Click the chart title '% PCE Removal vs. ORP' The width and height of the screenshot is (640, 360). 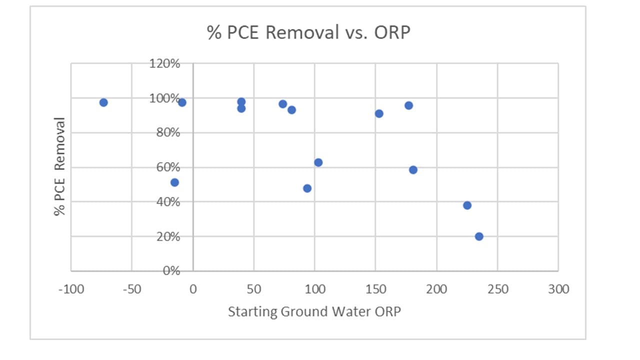(308, 33)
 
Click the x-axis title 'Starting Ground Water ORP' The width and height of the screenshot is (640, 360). (314, 311)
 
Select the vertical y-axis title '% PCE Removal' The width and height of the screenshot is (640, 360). (60, 166)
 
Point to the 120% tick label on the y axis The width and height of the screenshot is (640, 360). (164, 64)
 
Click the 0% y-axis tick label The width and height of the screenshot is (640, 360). (169, 271)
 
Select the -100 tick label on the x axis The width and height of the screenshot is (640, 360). (70, 289)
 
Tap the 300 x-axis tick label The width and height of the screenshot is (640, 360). (558, 289)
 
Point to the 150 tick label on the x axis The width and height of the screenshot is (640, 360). (375, 289)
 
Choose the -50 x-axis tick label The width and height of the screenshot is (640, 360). (131, 289)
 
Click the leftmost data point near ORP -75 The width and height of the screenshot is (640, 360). (103, 102)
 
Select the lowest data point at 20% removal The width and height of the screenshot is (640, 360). (479, 236)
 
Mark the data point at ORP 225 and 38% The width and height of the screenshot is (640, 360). (467, 205)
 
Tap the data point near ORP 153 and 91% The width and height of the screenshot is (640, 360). (379, 113)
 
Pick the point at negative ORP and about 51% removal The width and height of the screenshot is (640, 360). (174, 182)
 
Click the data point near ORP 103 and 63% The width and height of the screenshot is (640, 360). (318, 162)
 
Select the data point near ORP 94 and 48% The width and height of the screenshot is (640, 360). (307, 188)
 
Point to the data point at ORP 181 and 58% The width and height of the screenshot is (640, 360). (413, 170)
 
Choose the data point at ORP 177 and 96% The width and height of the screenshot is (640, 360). (408, 105)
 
